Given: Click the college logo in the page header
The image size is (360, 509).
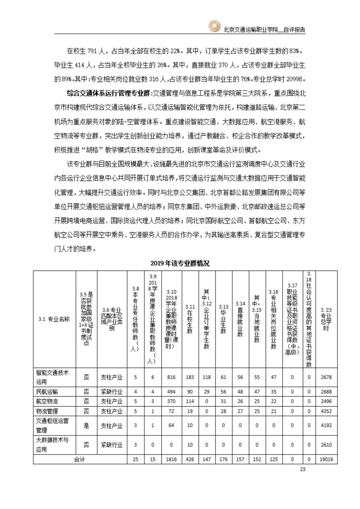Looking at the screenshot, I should pyautogui.click(x=214, y=27).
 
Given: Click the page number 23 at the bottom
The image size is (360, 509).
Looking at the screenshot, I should pyautogui.click(x=302, y=469).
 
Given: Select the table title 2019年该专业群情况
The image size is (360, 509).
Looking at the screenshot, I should pyautogui.click(x=180, y=263).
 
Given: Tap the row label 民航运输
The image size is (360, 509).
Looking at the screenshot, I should pyautogui.click(x=47, y=392).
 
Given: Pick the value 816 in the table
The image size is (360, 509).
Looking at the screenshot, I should pyautogui.click(x=171, y=377).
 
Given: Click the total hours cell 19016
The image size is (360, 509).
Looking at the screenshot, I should pyautogui.click(x=326, y=459).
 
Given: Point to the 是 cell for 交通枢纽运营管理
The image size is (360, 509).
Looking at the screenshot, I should pyautogui.click(x=86, y=426).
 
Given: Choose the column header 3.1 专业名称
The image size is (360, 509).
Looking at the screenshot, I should pyautogui.click(x=54, y=319).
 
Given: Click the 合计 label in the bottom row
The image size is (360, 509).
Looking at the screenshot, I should pyautogui.click(x=80, y=459).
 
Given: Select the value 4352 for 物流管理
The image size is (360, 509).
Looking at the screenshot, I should pyautogui.click(x=326, y=411).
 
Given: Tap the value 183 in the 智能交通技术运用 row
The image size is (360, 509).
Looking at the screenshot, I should pyautogui.click(x=190, y=377).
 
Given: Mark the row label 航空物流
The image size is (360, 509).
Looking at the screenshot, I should pyautogui.click(x=47, y=401).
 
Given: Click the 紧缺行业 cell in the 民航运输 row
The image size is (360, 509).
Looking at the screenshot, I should pyautogui.click(x=112, y=392).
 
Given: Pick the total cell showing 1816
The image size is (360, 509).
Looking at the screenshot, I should pyautogui.click(x=171, y=459).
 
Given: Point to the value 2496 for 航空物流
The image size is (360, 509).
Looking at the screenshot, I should pyautogui.click(x=326, y=401).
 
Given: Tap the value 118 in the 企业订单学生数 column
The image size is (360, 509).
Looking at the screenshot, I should pyautogui.click(x=207, y=377).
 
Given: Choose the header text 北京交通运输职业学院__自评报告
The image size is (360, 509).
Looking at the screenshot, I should pyautogui.click(x=264, y=30).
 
